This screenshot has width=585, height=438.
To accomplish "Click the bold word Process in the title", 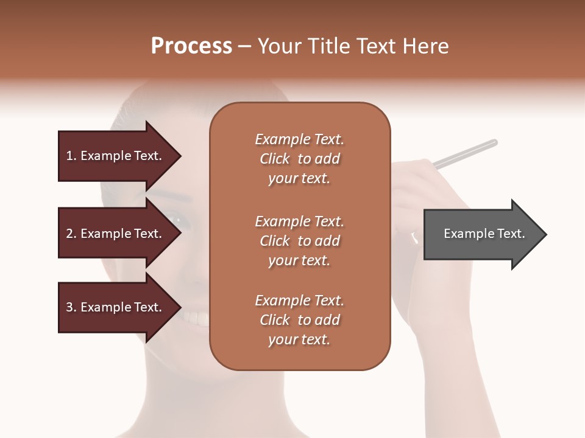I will (191, 46).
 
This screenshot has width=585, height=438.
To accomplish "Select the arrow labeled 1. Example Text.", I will (116, 156).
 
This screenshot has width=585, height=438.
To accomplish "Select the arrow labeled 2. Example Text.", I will (116, 234).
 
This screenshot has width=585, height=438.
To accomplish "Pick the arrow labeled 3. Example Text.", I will (116, 307).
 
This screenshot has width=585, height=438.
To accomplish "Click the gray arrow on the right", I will (481, 234).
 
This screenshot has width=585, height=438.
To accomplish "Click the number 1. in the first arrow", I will (71, 156).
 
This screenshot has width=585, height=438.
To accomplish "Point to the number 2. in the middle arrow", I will (71, 234).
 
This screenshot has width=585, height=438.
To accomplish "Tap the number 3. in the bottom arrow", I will (71, 307).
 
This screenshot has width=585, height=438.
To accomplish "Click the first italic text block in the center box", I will (300, 159).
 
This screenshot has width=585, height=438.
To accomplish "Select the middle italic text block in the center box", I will (300, 241).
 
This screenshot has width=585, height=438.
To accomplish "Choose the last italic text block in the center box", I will (300, 320).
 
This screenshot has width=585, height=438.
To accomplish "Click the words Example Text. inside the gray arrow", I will (484, 234).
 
